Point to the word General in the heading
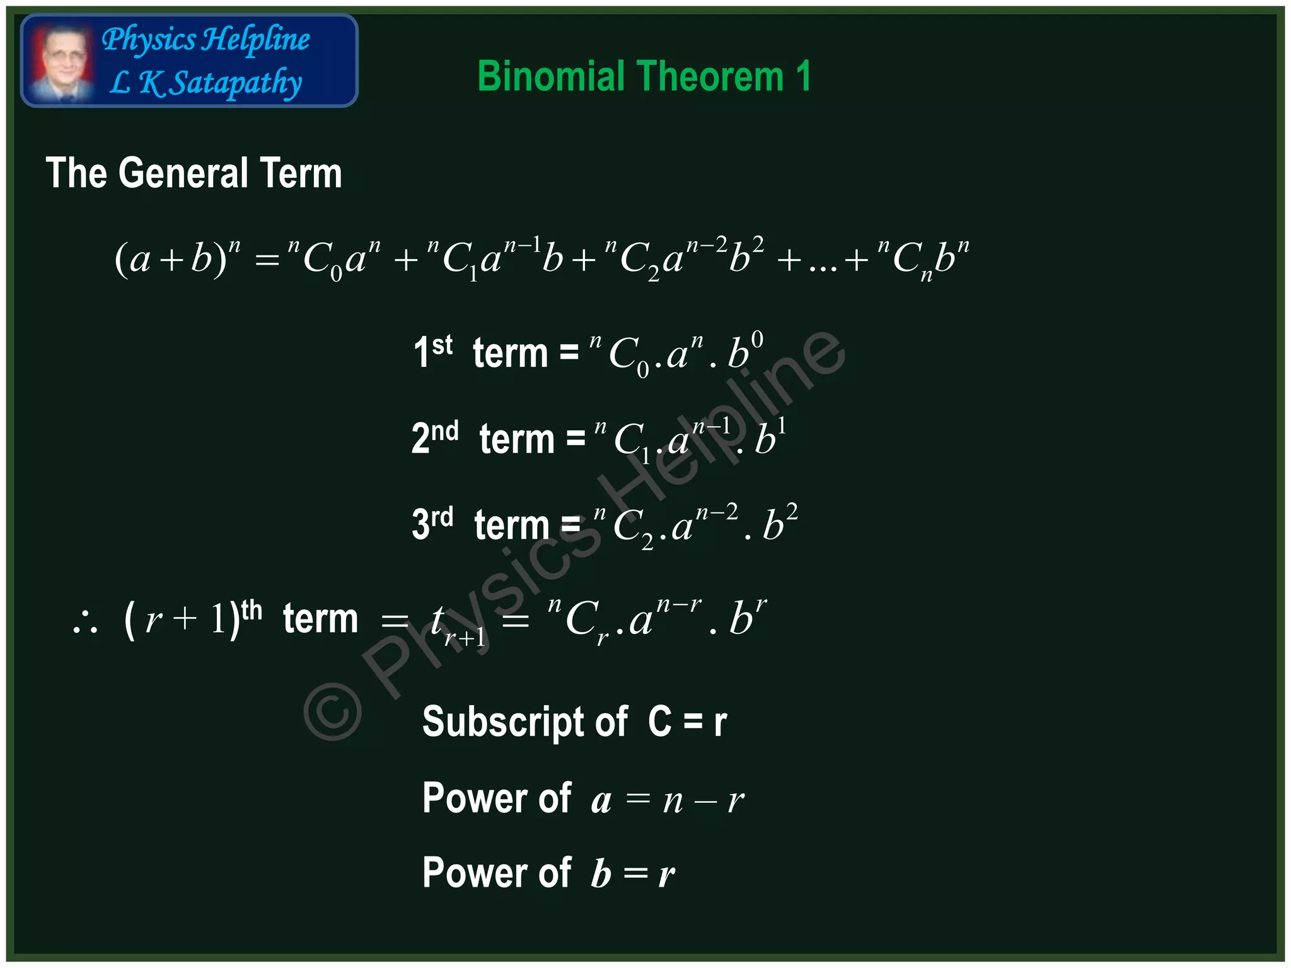[x=183, y=173]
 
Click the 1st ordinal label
[x=432, y=351]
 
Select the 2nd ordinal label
[x=434, y=437]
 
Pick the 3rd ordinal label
[x=432, y=523]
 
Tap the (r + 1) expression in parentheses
[x=182, y=619]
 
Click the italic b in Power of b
[x=601, y=875]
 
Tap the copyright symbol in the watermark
[x=332, y=711]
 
